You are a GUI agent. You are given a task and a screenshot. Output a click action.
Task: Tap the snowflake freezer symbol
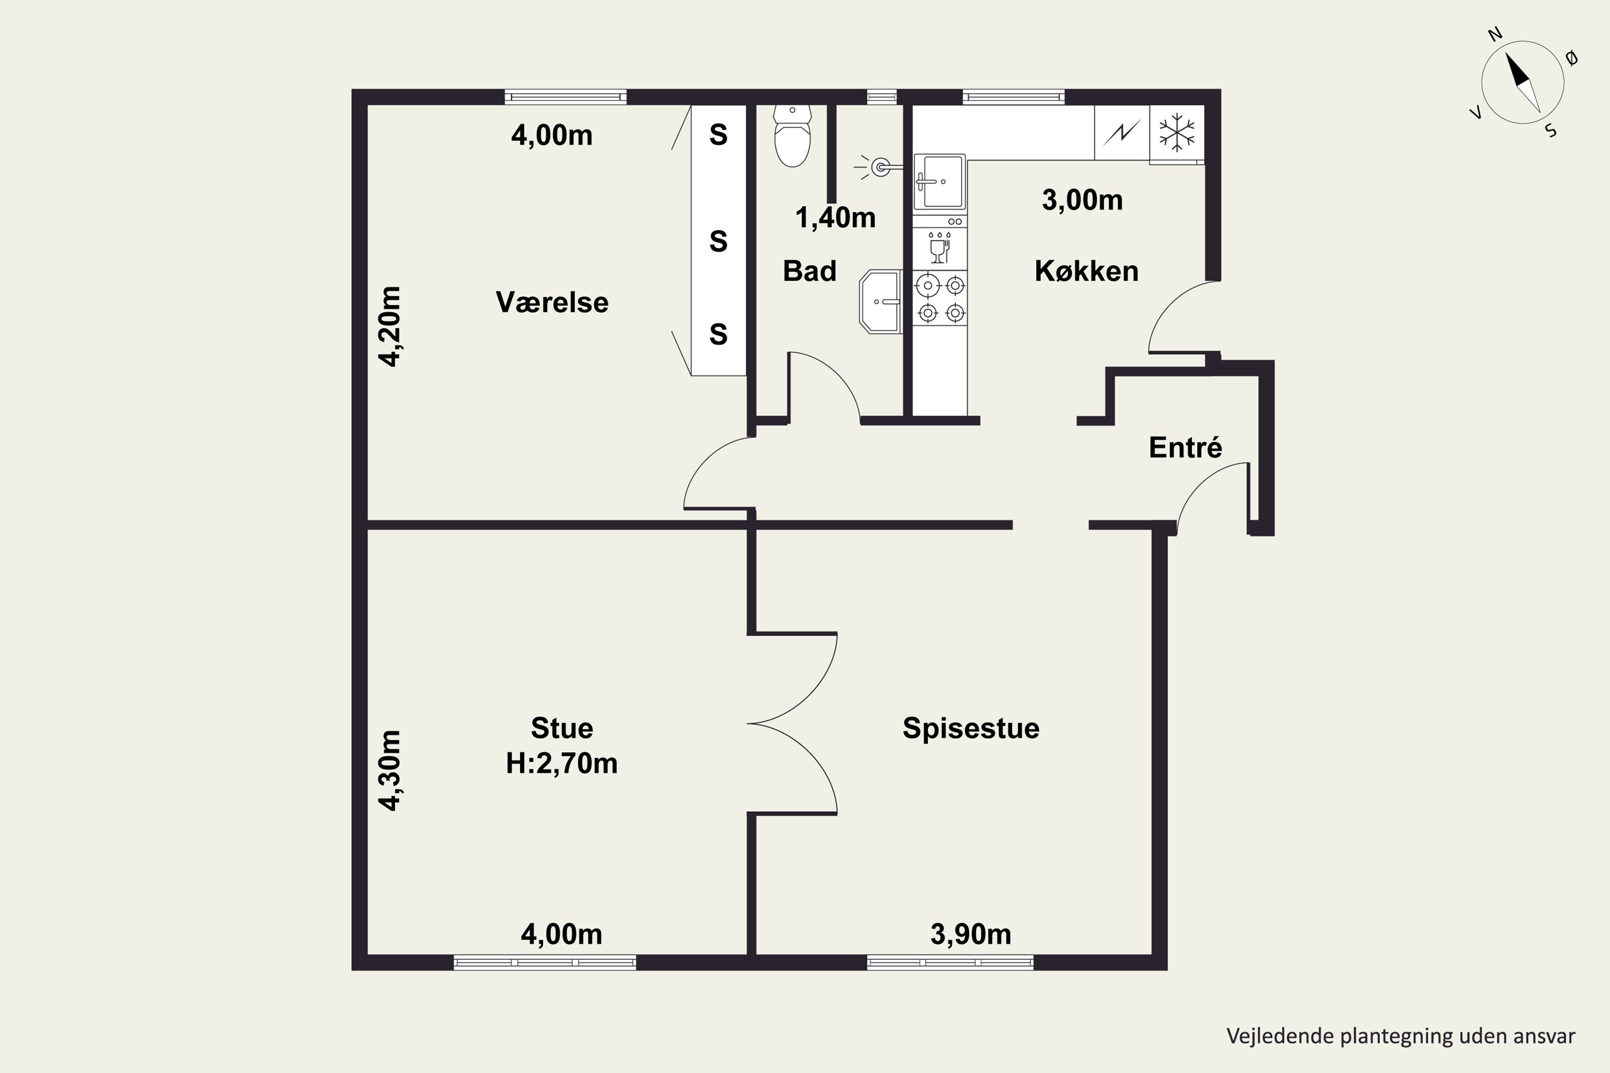(1177, 132)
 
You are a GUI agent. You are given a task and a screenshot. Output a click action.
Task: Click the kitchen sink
(939, 182)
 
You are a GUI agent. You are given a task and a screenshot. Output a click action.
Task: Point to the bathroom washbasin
(881, 302)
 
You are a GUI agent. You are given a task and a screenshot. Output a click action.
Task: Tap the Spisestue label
(971, 728)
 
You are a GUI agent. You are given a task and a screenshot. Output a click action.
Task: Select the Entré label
(1185, 447)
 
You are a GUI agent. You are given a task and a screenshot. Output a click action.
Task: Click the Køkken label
(1086, 271)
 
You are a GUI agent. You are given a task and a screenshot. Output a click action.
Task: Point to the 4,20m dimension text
(390, 326)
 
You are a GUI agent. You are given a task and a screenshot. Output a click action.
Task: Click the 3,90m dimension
(971, 934)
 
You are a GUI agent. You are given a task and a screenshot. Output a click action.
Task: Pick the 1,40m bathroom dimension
(835, 218)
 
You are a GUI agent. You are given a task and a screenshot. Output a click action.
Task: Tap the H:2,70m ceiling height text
(561, 763)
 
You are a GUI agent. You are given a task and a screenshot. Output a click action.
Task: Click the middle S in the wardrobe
(718, 241)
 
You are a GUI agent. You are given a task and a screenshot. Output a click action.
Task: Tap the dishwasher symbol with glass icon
(940, 248)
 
